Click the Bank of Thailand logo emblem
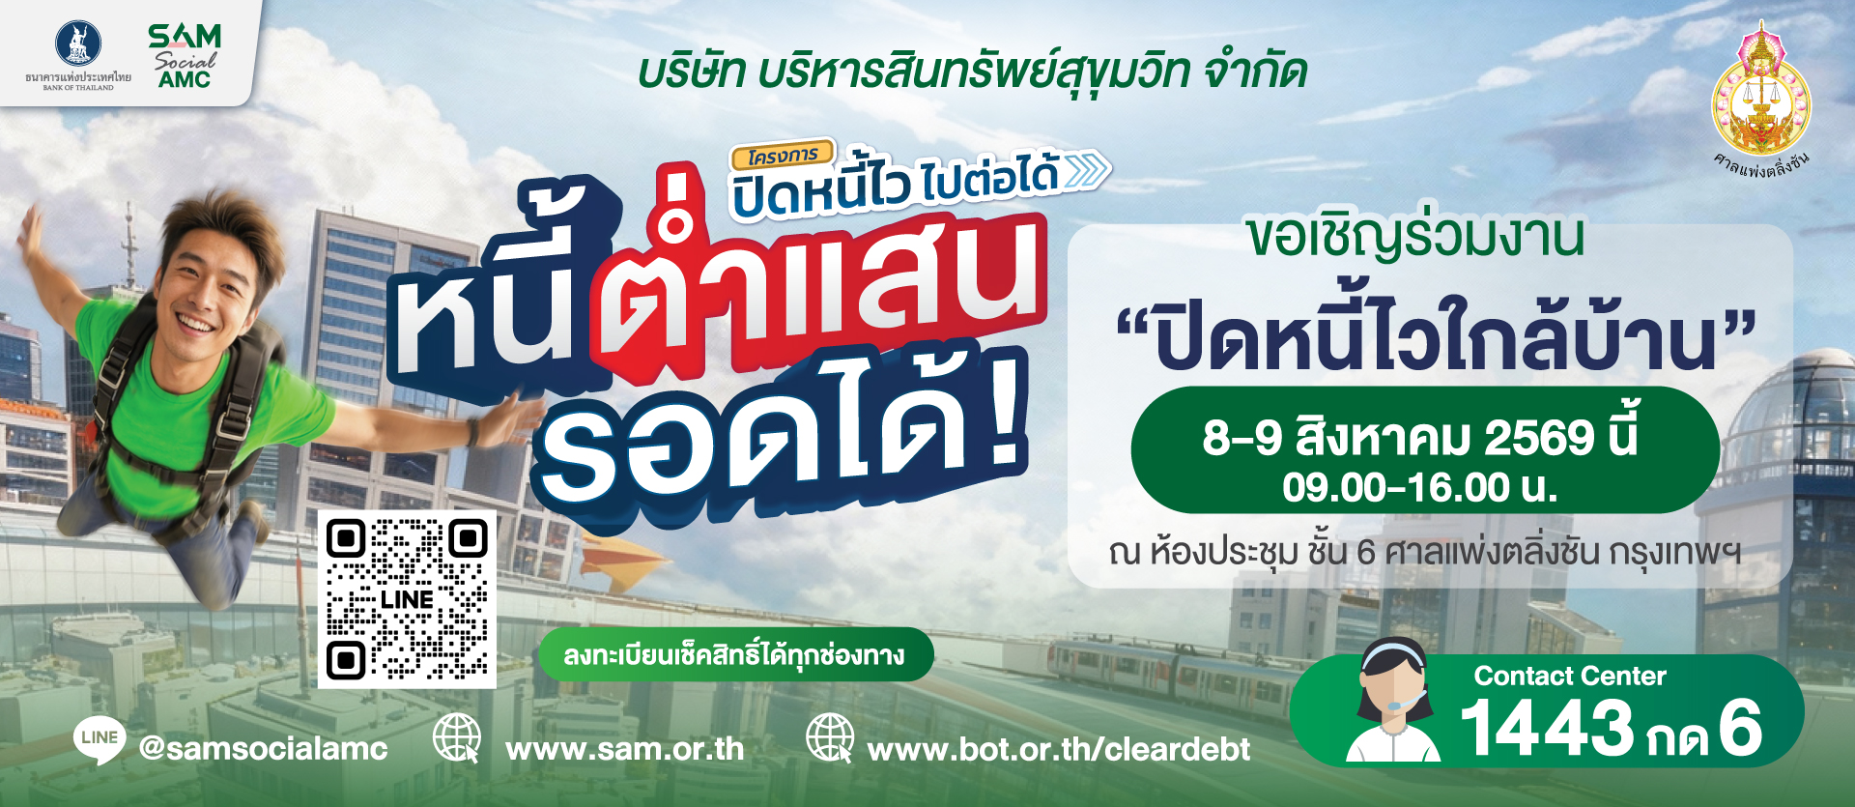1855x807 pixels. click(x=78, y=44)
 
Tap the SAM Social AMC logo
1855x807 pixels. click(x=185, y=56)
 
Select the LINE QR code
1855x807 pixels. click(x=407, y=599)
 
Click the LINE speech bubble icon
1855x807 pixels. click(x=100, y=740)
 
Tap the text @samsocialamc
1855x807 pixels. click(x=263, y=748)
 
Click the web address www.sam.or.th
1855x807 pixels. click(x=624, y=749)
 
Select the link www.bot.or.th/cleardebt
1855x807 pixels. click(x=1059, y=749)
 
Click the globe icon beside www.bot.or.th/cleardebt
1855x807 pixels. click(x=830, y=738)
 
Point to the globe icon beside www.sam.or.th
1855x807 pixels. click(x=457, y=738)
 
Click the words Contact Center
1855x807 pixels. click(x=1570, y=676)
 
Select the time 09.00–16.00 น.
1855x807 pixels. click(x=1420, y=487)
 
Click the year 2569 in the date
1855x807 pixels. click(x=1539, y=438)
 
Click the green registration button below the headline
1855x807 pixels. click(x=735, y=655)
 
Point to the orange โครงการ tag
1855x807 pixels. click(x=783, y=155)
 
